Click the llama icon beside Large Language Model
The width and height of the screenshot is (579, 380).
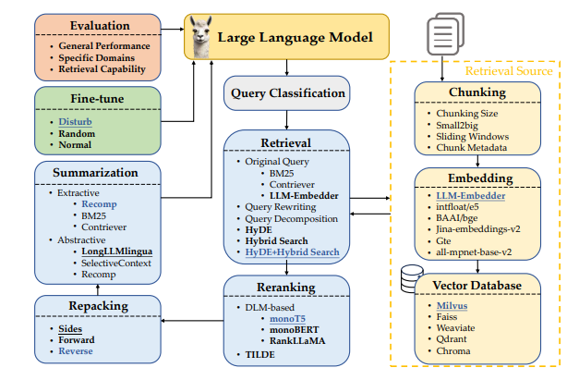coord(201,37)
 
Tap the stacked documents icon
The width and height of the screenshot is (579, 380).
coord(445,34)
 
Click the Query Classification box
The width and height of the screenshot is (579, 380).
coord(287,93)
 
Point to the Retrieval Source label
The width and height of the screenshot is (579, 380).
coord(509,70)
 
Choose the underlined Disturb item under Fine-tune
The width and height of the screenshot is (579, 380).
coord(76,122)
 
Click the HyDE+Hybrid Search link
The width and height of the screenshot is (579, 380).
coord(292,252)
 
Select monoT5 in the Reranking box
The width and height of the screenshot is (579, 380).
coord(288,319)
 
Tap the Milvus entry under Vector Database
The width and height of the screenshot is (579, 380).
coord(452,306)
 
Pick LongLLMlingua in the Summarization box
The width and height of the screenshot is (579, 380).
coord(116,251)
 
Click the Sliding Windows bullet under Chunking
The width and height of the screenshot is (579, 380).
coord(472,137)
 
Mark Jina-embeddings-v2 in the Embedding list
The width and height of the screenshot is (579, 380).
coord(478,229)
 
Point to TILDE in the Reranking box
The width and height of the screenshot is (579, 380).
coord(260,354)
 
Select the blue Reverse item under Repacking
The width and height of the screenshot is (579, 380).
coord(76,350)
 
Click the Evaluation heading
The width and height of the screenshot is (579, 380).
coord(100,26)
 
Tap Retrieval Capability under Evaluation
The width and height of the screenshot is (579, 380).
coord(102,69)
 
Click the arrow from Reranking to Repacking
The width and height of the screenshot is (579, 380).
coord(192,321)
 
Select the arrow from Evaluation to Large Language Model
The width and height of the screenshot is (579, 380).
coord(173,29)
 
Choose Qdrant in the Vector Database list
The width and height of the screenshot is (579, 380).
coord(452,339)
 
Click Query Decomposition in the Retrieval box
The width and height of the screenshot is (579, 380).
coord(291,219)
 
